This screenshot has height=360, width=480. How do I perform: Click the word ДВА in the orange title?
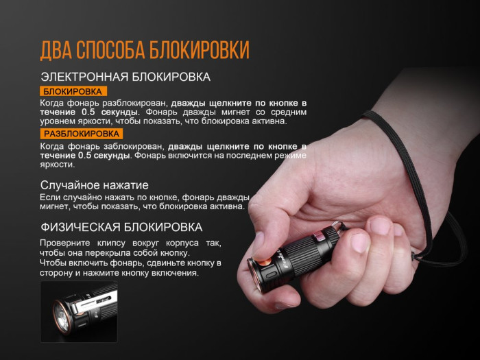[56, 50]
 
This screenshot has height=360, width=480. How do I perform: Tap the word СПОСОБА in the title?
[112, 50]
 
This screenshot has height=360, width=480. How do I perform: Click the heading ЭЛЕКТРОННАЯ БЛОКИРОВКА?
[125, 77]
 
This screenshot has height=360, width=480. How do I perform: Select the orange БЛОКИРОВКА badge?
[73, 91]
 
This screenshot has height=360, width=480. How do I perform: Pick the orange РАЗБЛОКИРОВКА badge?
[81, 134]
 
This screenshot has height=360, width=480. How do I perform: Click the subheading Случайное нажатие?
[94, 184]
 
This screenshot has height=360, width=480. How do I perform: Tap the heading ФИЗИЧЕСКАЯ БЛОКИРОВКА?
[121, 227]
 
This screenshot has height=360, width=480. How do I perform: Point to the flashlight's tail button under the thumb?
[322, 237]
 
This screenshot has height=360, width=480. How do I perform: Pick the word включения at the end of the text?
[180, 273]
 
